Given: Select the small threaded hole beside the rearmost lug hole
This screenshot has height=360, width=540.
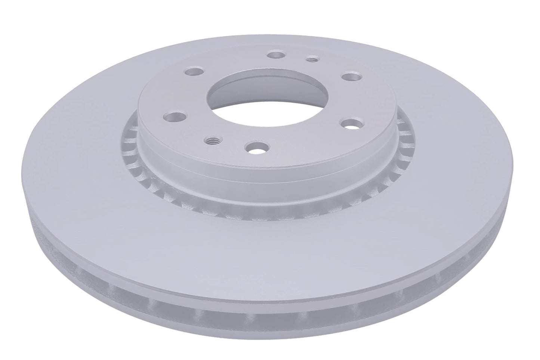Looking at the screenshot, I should point(311,59).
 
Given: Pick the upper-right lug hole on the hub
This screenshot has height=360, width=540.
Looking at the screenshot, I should point(352,77).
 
